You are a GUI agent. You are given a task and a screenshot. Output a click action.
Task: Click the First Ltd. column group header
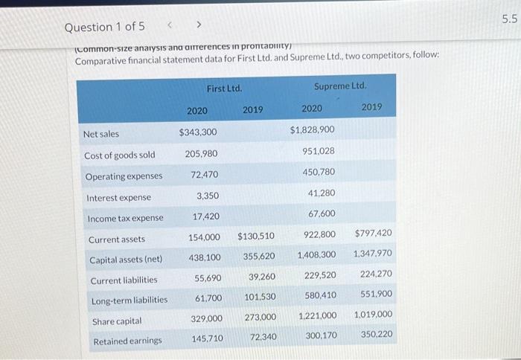pyautogui.click(x=225, y=89)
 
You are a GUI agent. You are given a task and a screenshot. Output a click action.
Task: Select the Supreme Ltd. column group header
pyautogui.click(x=340, y=88)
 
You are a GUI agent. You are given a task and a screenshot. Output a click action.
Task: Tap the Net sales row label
pyautogui.click(x=101, y=134)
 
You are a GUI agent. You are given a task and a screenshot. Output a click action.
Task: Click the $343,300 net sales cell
pyautogui.click(x=198, y=132)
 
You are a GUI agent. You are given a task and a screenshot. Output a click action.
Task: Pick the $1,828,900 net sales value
pyautogui.click(x=312, y=130)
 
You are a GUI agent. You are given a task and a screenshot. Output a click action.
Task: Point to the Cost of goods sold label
pyautogui.click(x=120, y=155)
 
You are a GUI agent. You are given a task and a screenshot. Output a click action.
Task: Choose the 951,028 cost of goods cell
pyautogui.click(x=319, y=151)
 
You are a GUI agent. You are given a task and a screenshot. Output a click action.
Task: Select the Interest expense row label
pyautogui.click(x=119, y=198)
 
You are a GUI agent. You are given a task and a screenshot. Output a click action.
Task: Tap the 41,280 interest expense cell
pyautogui.click(x=321, y=193)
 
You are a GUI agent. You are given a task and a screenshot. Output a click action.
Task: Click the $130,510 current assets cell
pyautogui.click(x=256, y=237)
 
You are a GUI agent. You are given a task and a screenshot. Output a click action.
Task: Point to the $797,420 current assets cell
pyautogui.click(x=374, y=234)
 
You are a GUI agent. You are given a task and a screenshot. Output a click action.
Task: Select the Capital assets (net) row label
pyautogui.click(x=126, y=260)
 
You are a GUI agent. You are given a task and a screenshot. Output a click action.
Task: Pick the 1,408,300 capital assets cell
pyautogui.click(x=316, y=254)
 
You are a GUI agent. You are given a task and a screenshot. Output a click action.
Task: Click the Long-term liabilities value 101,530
pyautogui.click(x=259, y=297)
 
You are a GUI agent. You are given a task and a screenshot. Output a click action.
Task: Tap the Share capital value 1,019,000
pyautogui.click(x=374, y=315)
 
